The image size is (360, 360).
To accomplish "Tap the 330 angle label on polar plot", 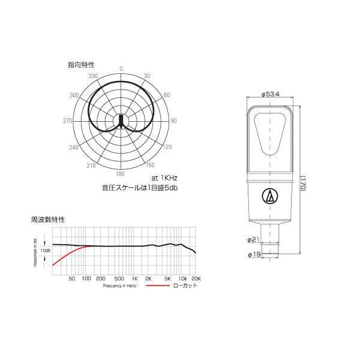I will pyautogui.click(x=93, y=77).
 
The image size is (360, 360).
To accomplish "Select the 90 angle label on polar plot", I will pyautogui.click(x=174, y=121).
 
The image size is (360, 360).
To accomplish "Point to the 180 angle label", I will pyautogui.click(x=121, y=173).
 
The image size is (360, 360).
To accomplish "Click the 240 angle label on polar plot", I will pyautogui.click(x=74, y=148).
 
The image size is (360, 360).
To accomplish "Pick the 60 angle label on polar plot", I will pyautogui.click(x=167, y=95).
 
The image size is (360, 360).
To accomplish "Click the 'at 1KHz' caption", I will pyautogui.click(x=165, y=178).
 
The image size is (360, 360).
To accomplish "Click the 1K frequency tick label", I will pyautogui.click(x=136, y=279).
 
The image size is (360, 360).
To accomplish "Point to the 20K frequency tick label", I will pyautogui.click(x=196, y=279).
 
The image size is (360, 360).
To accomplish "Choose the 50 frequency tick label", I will pyautogui.click(x=72, y=279).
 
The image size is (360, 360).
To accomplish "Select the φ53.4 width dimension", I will pyautogui.click(x=272, y=94).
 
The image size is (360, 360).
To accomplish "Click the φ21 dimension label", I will pyautogui.click(x=253, y=240).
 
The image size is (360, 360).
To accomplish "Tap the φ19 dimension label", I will pyautogui.click(x=253, y=255).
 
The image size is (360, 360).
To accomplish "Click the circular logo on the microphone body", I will pyautogui.click(x=270, y=196).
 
